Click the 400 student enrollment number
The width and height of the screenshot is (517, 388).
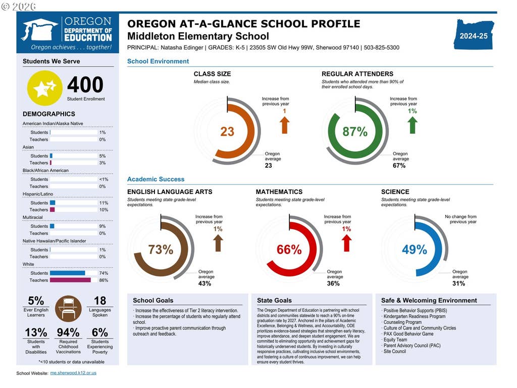point(85,84)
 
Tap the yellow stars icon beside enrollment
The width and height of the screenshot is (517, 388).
point(44,88)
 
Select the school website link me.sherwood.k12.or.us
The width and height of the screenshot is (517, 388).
point(73,373)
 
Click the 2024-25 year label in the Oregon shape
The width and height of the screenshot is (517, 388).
point(474,36)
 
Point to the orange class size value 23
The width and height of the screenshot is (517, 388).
point(227,132)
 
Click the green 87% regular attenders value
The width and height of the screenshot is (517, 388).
point(355,132)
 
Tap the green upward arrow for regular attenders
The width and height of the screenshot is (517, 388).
point(412,125)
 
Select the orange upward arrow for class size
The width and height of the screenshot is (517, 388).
point(285,125)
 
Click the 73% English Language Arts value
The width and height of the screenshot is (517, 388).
point(161,250)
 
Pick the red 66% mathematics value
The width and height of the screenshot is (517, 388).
point(289,250)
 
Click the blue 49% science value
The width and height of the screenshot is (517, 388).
point(415,250)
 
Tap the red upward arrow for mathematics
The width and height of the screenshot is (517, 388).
point(346,243)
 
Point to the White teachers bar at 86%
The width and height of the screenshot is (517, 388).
point(70,280)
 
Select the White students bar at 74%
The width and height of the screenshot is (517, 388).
point(68,273)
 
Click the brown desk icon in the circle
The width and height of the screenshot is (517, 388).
point(68,309)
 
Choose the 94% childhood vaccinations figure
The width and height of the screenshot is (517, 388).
point(68,332)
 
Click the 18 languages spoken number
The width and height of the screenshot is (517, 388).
point(100,301)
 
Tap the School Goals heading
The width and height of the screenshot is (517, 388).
point(153,300)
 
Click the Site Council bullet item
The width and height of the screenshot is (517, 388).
point(395,352)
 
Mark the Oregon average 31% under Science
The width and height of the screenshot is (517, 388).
point(458,283)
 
